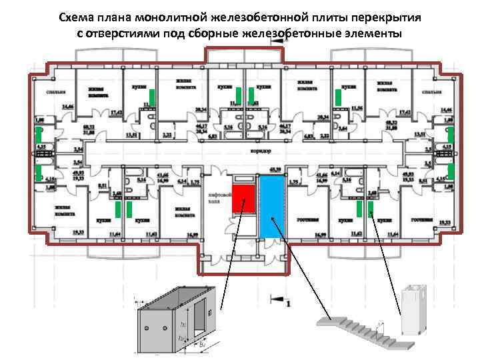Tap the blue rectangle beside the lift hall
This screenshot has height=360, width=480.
271,206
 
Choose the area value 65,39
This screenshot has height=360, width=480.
273,169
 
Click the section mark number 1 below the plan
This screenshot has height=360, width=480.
288,304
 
